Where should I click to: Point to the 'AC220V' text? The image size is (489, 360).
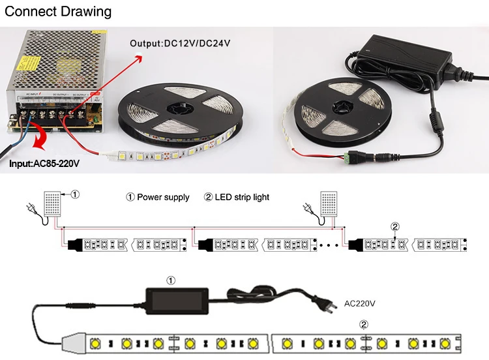coord(358,303)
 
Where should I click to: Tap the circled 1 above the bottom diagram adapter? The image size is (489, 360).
coord(171,280)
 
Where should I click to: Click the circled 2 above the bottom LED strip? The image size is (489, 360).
coord(364,324)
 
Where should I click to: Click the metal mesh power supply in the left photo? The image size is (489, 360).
coord(52,72)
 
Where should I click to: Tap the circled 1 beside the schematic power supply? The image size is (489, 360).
coord(75,194)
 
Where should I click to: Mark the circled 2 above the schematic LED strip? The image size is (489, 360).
coord(394,227)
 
